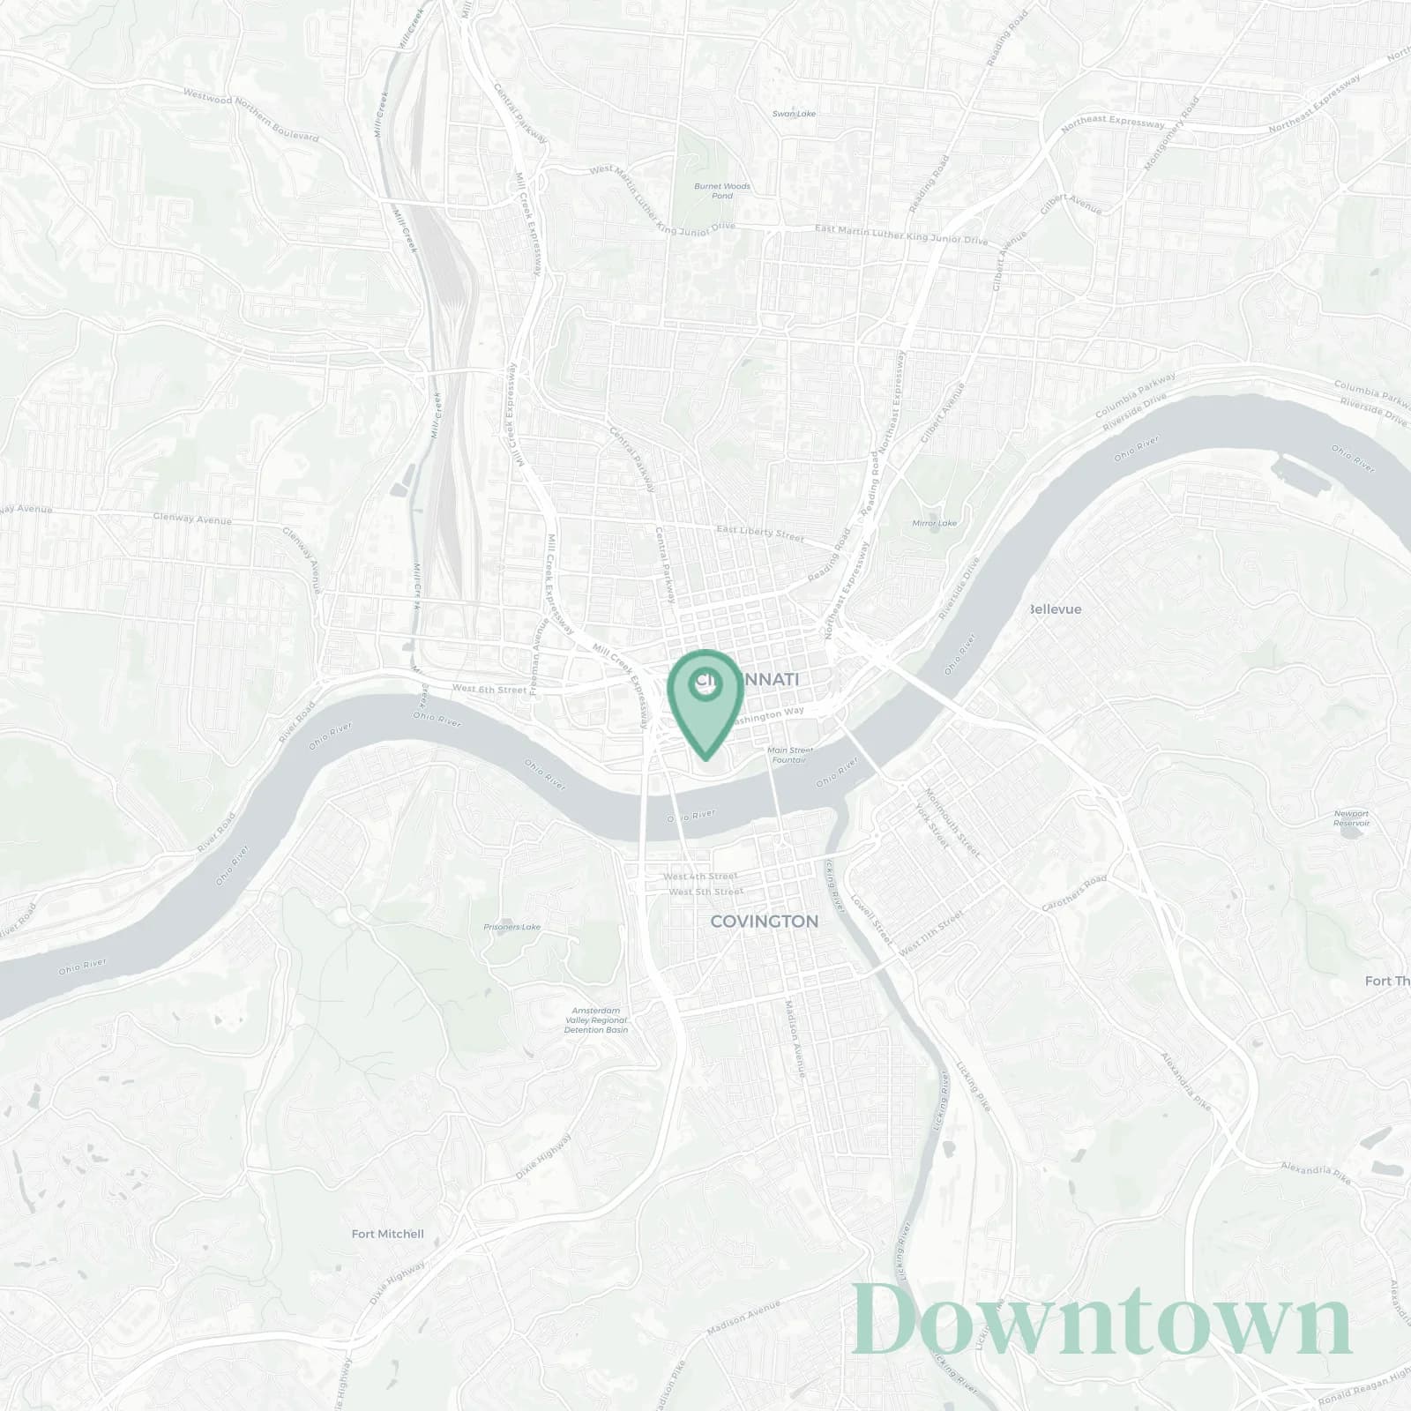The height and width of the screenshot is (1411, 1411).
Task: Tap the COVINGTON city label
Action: click(x=764, y=922)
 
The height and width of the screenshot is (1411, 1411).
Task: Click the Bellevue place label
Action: click(x=1056, y=609)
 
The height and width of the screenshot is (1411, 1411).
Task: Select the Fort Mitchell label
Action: click(x=387, y=1234)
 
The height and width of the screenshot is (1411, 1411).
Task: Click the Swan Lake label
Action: click(x=794, y=114)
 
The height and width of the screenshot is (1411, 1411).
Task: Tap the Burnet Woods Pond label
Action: click(x=721, y=190)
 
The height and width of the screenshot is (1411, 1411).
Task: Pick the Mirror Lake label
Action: click(x=934, y=523)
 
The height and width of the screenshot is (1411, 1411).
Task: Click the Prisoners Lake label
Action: click(x=511, y=927)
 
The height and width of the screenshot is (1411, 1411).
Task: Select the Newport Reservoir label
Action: click(x=1351, y=817)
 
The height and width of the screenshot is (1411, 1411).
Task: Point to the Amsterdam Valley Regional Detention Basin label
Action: click(x=597, y=1019)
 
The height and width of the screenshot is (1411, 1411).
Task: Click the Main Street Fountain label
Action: click(x=789, y=755)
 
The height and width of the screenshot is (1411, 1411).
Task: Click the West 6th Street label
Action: click(x=488, y=689)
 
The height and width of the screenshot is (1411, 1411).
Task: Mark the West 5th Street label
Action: click(x=705, y=892)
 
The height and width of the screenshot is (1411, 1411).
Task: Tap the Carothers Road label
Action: click(x=1073, y=894)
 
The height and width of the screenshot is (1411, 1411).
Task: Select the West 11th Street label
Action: click(x=931, y=936)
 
